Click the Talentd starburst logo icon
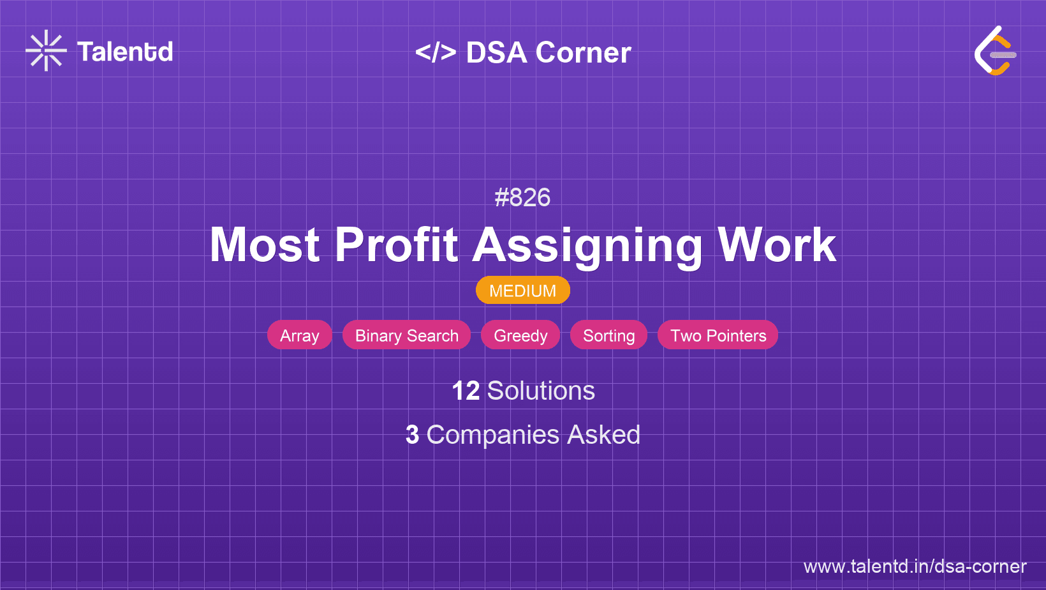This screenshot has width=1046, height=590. tap(46, 50)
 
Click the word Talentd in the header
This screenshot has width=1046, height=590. tap(124, 52)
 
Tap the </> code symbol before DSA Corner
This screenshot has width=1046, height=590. tap(436, 52)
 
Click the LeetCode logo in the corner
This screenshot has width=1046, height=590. tap(994, 51)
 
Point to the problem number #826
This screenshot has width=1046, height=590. tap(522, 197)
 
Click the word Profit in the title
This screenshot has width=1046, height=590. tap(396, 245)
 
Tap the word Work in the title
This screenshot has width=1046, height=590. tap(777, 245)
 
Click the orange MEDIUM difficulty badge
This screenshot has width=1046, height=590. tap(523, 291)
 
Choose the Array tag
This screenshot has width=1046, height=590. tap(299, 335)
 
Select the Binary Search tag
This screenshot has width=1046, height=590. tap(407, 335)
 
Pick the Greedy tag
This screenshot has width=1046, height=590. tap(520, 335)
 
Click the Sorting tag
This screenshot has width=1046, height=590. tap(609, 335)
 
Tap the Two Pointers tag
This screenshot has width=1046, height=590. tap(718, 335)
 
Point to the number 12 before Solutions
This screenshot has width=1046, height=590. tap(466, 391)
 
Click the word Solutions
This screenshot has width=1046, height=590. tap(541, 391)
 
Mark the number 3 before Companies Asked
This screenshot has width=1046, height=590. tap(412, 435)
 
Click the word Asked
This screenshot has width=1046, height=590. tap(603, 435)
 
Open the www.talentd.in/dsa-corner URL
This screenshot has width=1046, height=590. tap(915, 566)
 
